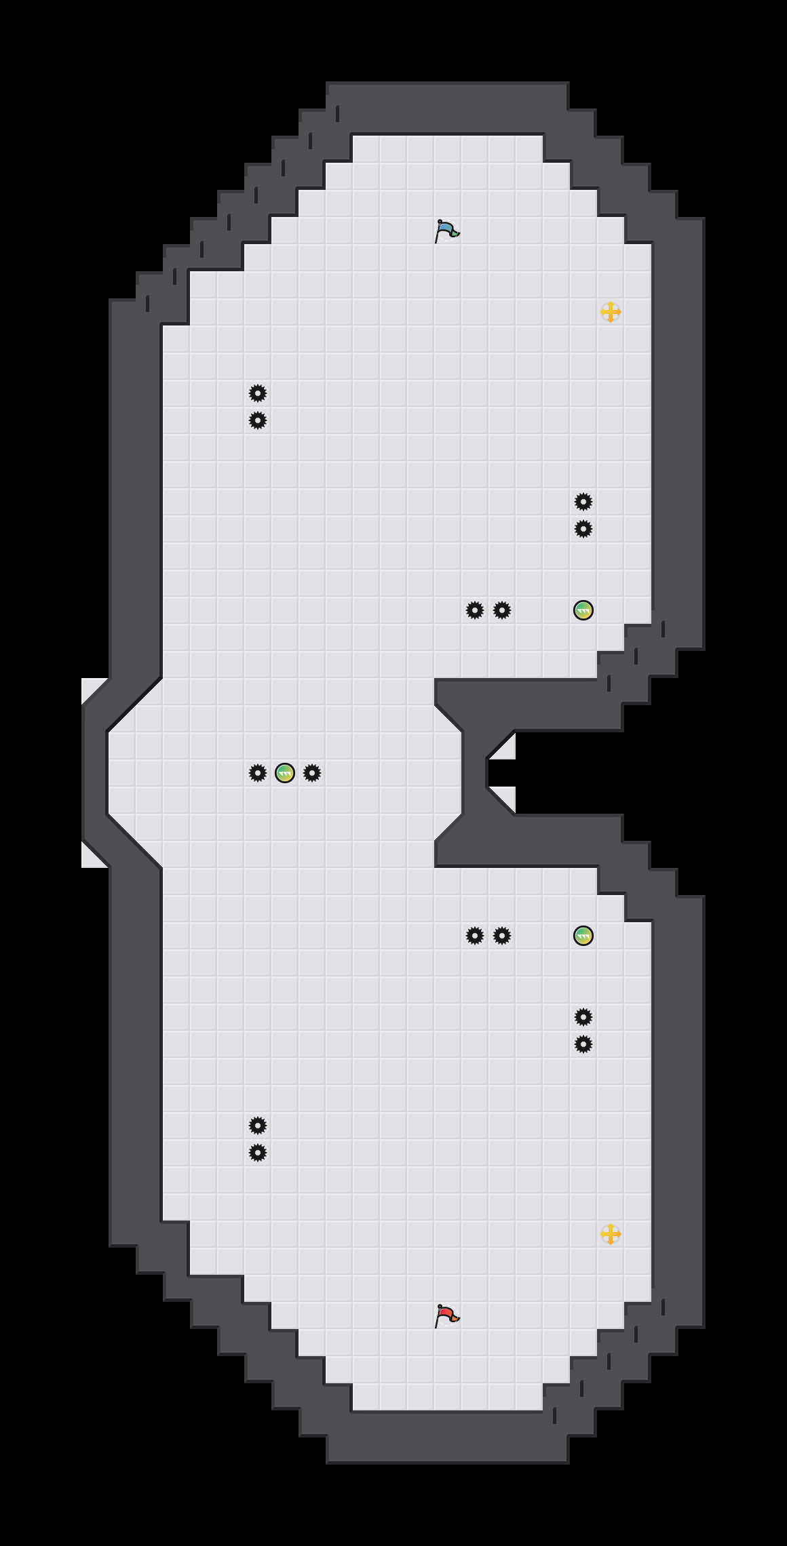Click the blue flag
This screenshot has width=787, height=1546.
(447, 231)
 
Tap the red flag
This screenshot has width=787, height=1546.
(447, 1315)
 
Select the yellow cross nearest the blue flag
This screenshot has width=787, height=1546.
(611, 312)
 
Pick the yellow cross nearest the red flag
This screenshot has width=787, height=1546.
(611, 1234)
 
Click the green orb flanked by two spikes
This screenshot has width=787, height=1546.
(285, 773)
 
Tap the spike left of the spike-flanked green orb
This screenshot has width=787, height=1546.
(258, 773)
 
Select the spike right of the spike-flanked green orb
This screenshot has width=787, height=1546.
(312, 773)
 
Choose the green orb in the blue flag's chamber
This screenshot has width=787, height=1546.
(583, 610)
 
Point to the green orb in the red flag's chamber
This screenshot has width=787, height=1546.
(583, 936)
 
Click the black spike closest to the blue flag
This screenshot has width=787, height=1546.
(258, 393)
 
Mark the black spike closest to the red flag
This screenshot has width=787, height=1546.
(258, 1153)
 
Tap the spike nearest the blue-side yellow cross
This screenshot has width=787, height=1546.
(583, 502)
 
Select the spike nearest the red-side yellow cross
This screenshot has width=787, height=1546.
(583, 1044)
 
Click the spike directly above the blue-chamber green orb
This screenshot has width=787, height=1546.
(583, 529)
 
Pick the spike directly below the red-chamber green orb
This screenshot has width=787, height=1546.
(583, 1017)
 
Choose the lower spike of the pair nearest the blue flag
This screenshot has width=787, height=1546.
(258, 420)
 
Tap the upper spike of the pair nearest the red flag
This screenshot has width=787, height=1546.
(258, 1126)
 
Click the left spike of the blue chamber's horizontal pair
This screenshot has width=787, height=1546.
(475, 610)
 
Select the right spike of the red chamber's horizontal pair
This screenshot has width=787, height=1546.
(502, 936)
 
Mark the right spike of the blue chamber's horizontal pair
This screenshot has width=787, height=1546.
(502, 610)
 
